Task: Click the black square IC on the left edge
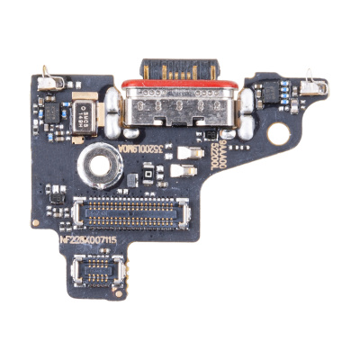(51, 112)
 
